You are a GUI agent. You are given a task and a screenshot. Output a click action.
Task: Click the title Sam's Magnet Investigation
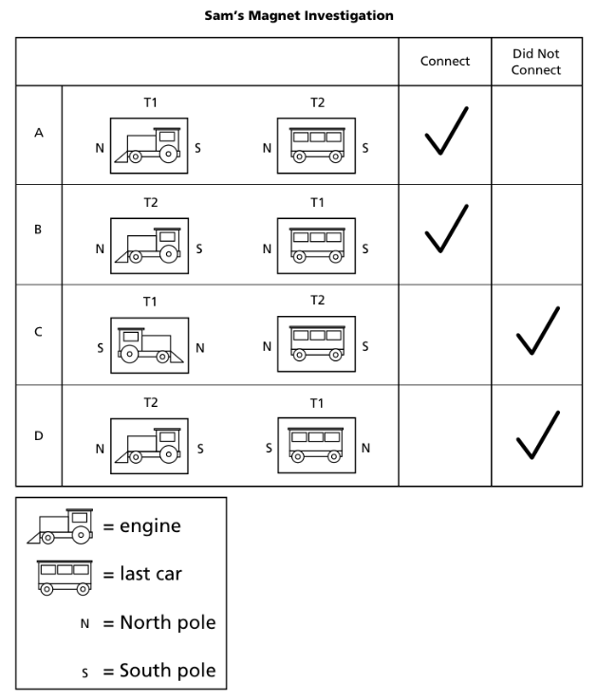click(299, 15)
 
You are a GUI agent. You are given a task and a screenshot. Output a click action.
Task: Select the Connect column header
click(444, 62)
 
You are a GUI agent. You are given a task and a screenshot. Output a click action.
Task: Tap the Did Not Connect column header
click(536, 62)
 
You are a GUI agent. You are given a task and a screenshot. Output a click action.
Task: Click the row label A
click(39, 134)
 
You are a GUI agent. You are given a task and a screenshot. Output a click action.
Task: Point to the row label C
click(39, 333)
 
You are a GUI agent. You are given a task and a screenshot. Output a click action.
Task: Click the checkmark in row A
click(445, 131)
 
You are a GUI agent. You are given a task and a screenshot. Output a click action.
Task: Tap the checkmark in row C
click(537, 332)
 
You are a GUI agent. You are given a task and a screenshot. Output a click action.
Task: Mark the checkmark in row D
click(537, 434)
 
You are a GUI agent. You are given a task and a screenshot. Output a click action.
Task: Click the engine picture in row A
click(149, 147)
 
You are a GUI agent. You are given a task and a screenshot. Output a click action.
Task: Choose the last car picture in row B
click(316, 247)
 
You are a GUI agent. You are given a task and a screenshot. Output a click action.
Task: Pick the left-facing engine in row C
click(149, 346)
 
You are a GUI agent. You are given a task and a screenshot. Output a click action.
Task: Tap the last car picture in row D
click(316, 447)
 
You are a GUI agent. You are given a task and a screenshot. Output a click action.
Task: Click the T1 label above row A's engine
click(150, 102)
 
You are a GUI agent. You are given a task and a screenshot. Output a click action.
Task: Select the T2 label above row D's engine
click(150, 402)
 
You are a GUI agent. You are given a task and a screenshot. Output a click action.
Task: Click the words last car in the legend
click(150, 574)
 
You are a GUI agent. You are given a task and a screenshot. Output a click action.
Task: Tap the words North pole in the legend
click(167, 622)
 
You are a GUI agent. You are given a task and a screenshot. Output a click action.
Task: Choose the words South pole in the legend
click(167, 671)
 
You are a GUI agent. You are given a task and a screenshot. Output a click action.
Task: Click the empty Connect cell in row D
click(444, 436)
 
